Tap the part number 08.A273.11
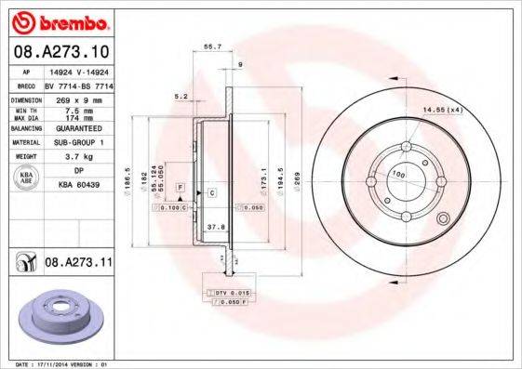tap(75, 264)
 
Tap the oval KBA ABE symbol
tap(27, 177)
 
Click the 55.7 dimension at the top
tap(212, 46)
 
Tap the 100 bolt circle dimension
tap(398, 175)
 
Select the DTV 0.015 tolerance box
tap(226, 293)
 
